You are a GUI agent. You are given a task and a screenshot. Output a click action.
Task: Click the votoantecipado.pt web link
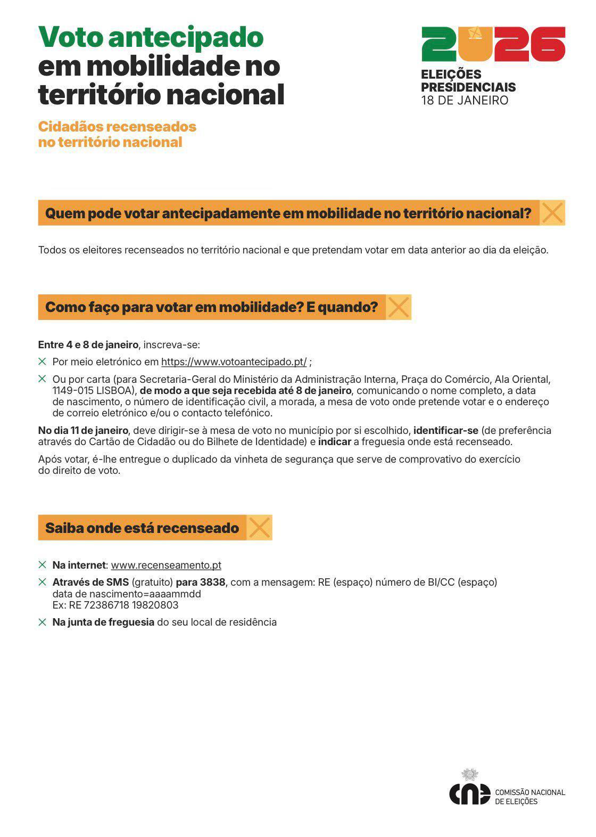click(x=234, y=362)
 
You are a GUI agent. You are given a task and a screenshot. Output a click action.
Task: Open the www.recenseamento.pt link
click(x=166, y=565)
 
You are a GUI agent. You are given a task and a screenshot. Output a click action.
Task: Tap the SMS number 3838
click(x=212, y=582)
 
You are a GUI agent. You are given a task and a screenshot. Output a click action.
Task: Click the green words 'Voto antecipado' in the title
click(x=151, y=37)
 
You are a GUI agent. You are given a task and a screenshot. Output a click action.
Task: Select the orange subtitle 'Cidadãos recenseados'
click(x=117, y=127)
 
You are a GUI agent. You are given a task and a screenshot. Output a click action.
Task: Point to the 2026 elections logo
click(x=493, y=44)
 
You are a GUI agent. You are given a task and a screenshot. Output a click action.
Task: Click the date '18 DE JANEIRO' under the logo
click(x=465, y=101)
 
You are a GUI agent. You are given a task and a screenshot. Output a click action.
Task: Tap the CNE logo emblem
click(x=469, y=791)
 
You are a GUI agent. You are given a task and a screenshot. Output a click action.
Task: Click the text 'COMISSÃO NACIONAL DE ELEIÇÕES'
click(x=529, y=797)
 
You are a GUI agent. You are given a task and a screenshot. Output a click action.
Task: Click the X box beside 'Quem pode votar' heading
click(x=552, y=213)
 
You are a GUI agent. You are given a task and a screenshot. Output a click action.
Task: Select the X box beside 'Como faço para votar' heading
click(x=399, y=307)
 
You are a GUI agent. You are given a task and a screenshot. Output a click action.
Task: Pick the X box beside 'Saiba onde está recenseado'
click(x=259, y=528)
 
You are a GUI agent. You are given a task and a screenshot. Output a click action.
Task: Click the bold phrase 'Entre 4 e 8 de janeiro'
click(x=88, y=345)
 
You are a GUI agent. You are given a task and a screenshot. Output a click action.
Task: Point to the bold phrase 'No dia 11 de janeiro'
click(x=83, y=431)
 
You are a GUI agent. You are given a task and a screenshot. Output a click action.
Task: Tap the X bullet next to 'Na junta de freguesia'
click(x=43, y=622)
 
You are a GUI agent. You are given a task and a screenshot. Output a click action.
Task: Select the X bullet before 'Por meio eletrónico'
click(x=43, y=362)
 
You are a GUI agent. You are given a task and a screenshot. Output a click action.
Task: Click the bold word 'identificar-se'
click(x=446, y=431)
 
